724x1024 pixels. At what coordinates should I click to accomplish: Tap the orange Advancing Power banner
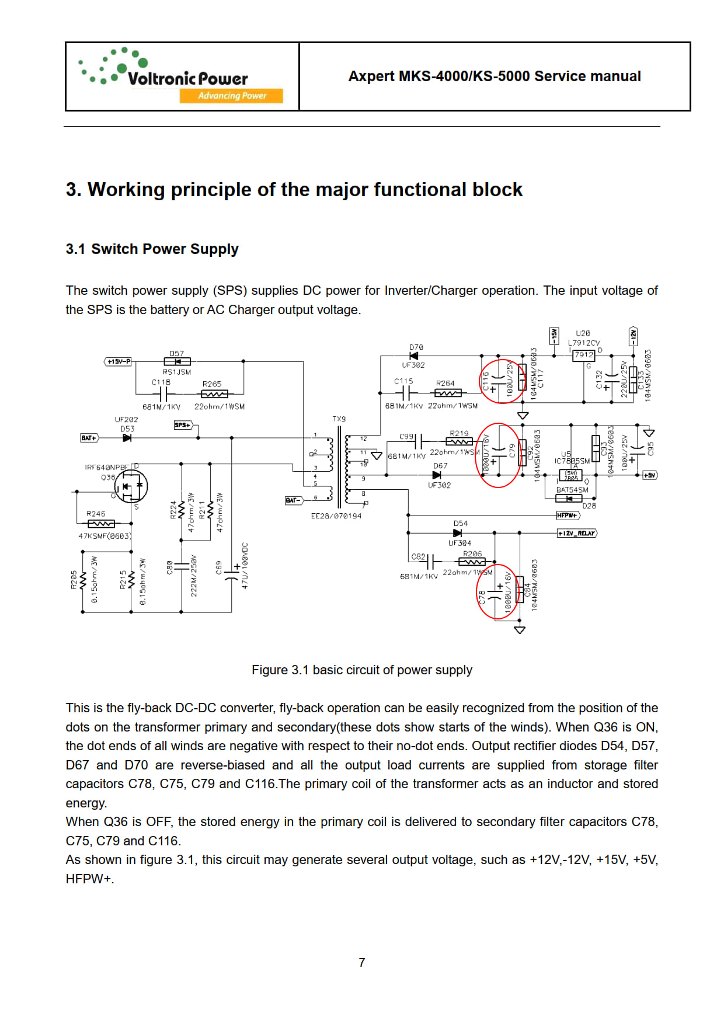231,96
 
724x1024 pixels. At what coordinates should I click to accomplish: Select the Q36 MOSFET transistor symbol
131,486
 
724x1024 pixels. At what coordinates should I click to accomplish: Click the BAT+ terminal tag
89,438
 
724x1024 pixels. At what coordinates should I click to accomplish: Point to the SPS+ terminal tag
183,425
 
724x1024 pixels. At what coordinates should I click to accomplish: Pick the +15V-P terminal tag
119,362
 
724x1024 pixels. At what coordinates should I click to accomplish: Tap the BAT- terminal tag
293,500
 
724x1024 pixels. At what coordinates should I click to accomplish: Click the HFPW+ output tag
568,516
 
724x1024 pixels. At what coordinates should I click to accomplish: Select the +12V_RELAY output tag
577,533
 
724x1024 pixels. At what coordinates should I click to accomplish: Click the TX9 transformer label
339,419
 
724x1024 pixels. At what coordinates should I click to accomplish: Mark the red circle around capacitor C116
502,382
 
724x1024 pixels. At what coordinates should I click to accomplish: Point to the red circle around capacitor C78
496,592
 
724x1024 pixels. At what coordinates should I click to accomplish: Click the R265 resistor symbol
214,394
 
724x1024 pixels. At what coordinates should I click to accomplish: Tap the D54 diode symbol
457,533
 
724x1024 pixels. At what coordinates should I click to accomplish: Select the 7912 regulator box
583,355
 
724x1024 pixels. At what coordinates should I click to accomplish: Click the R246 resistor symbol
100,524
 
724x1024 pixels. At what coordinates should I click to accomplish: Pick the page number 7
362,962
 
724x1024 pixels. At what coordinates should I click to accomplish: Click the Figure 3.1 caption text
362,670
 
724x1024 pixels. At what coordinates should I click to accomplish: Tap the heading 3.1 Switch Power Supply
152,249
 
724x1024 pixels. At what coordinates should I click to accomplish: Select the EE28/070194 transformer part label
336,516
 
